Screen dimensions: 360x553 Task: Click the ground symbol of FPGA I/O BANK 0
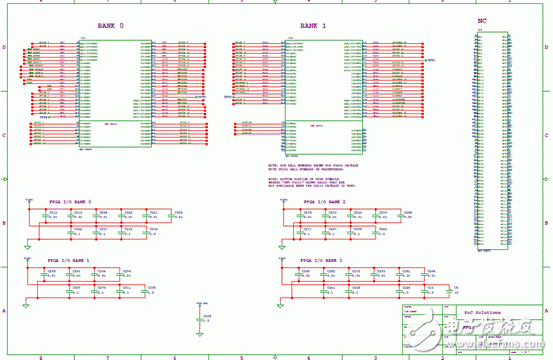(x=27, y=244)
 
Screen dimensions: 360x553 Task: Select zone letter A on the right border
(x=548, y=310)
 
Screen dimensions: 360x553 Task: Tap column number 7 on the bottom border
(x=107, y=356)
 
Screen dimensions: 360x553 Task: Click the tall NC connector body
(x=489, y=140)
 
